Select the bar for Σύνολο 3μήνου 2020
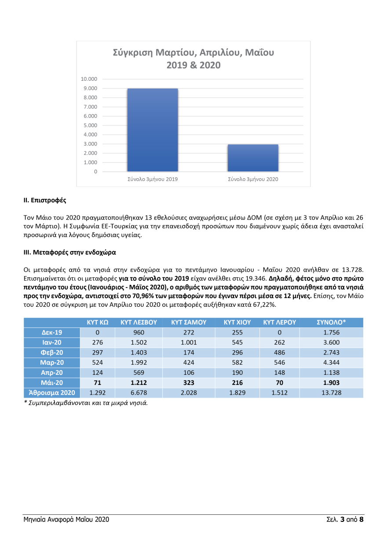253,158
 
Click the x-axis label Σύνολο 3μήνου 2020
253,179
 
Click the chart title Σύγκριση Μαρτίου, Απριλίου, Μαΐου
193,53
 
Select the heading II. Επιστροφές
44,200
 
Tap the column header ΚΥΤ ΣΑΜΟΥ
189,322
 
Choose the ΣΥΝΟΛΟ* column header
331,322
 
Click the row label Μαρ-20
52,363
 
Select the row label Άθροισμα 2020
52,393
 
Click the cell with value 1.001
189,342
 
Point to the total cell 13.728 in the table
331,393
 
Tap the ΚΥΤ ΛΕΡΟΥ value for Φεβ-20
279,352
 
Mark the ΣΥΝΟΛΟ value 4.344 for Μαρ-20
331,363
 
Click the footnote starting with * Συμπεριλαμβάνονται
86,402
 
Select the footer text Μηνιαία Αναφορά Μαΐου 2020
66,520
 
